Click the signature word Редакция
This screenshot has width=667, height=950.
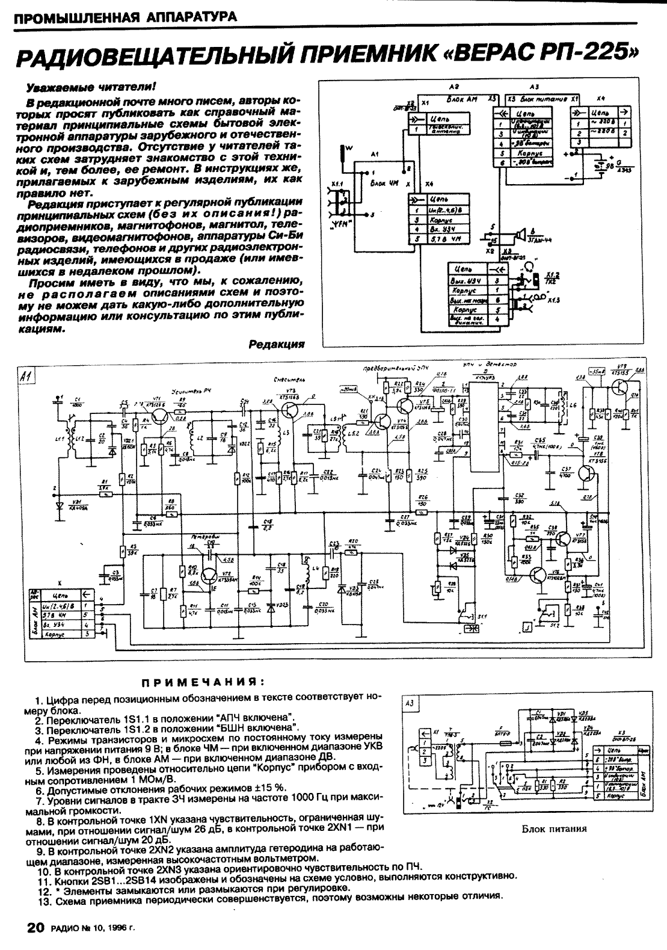click(x=276, y=344)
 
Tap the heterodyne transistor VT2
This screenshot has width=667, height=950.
click(x=211, y=576)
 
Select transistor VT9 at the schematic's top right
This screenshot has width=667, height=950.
click(x=620, y=390)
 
